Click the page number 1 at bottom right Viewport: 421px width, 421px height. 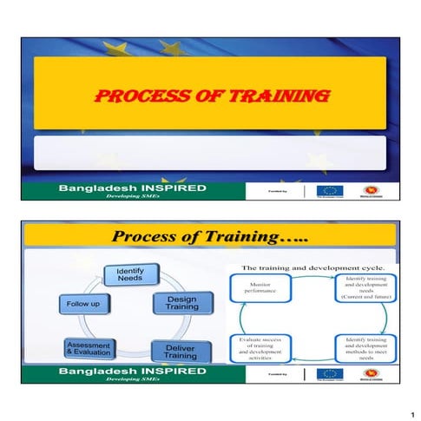(x=404, y=405)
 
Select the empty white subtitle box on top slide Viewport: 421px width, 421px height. (x=209, y=153)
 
